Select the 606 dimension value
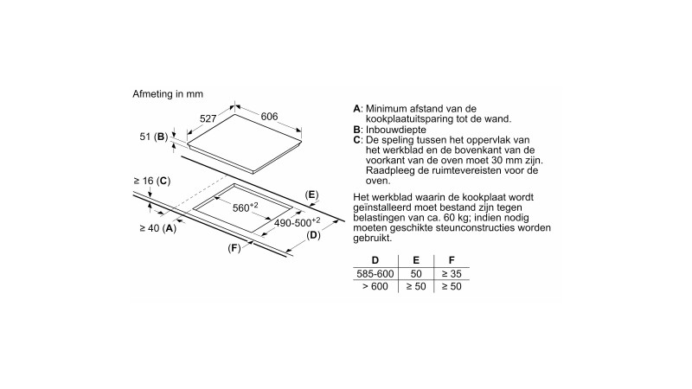269,117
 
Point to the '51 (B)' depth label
151,137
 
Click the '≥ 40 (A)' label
157,228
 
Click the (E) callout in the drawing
312,194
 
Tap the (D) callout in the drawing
314,234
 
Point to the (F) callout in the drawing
234,248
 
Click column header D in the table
375,260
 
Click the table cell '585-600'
375,273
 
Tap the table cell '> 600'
375,286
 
